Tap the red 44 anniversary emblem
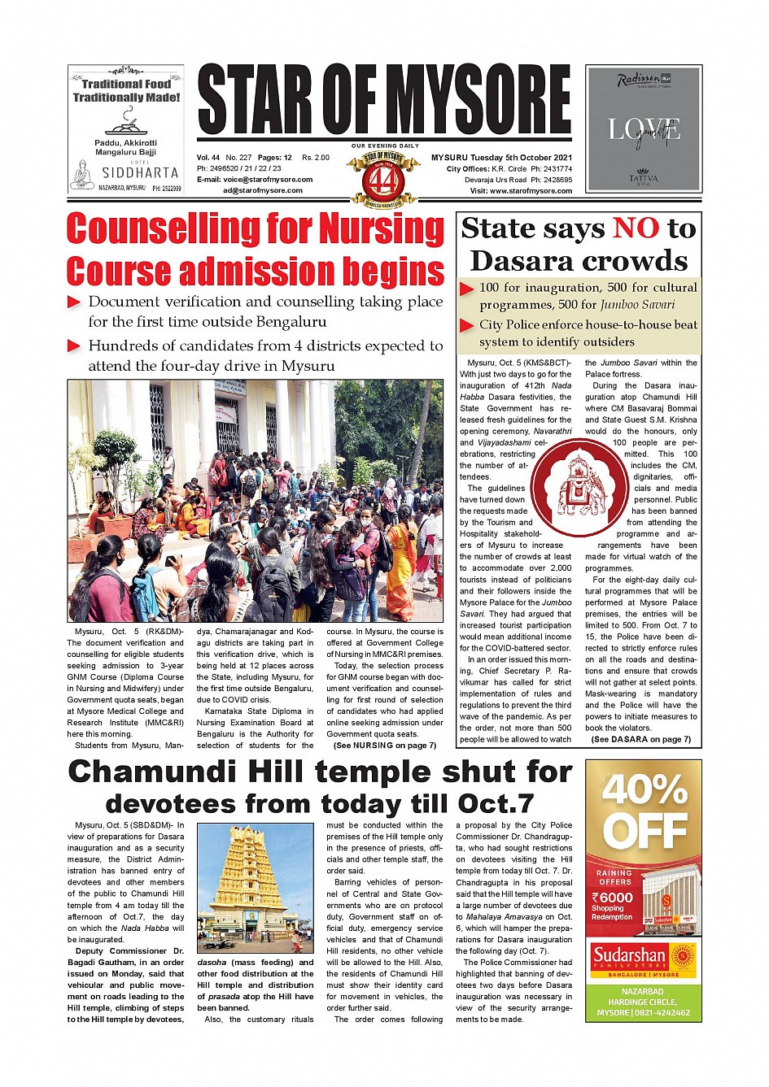[382, 179]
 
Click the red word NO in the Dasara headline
[636, 228]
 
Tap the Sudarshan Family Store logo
[644, 959]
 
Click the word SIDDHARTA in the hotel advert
[140, 172]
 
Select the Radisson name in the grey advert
[638, 80]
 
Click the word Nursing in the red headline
[381, 228]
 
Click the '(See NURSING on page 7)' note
[384, 745]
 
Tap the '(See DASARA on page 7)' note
[640, 739]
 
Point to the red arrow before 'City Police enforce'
[467, 325]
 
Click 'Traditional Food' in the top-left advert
[126, 84]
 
